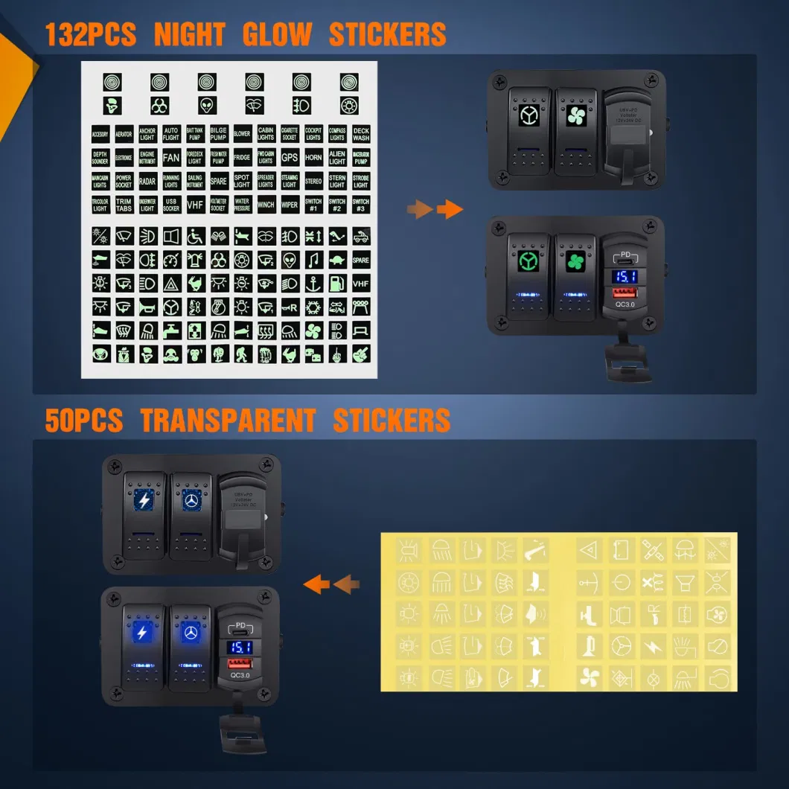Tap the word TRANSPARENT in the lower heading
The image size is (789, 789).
[x=228, y=421]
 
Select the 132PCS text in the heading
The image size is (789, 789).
[x=90, y=35]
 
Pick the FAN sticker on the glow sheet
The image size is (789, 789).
[x=171, y=158]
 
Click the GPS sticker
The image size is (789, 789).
[x=290, y=158]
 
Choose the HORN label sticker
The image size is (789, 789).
[x=313, y=158]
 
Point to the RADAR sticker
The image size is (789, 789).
[x=147, y=181]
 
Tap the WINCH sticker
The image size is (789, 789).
[x=266, y=205]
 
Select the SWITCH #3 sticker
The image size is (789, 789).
[x=361, y=205]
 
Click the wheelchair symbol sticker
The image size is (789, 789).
[x=195, y=237]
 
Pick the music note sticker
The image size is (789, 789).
[x=313, y=260]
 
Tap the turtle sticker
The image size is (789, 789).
[x=337, y=260]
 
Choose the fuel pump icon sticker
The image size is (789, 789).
[x=337, y=284]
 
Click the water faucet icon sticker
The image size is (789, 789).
[x=171, y=330]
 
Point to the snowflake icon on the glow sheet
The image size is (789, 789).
[x=313, y=307]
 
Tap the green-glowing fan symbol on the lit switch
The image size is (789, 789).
[x=575, y=262]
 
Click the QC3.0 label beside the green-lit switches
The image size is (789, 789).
[x=625, y=304]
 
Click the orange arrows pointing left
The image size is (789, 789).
[x=331, y=584]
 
